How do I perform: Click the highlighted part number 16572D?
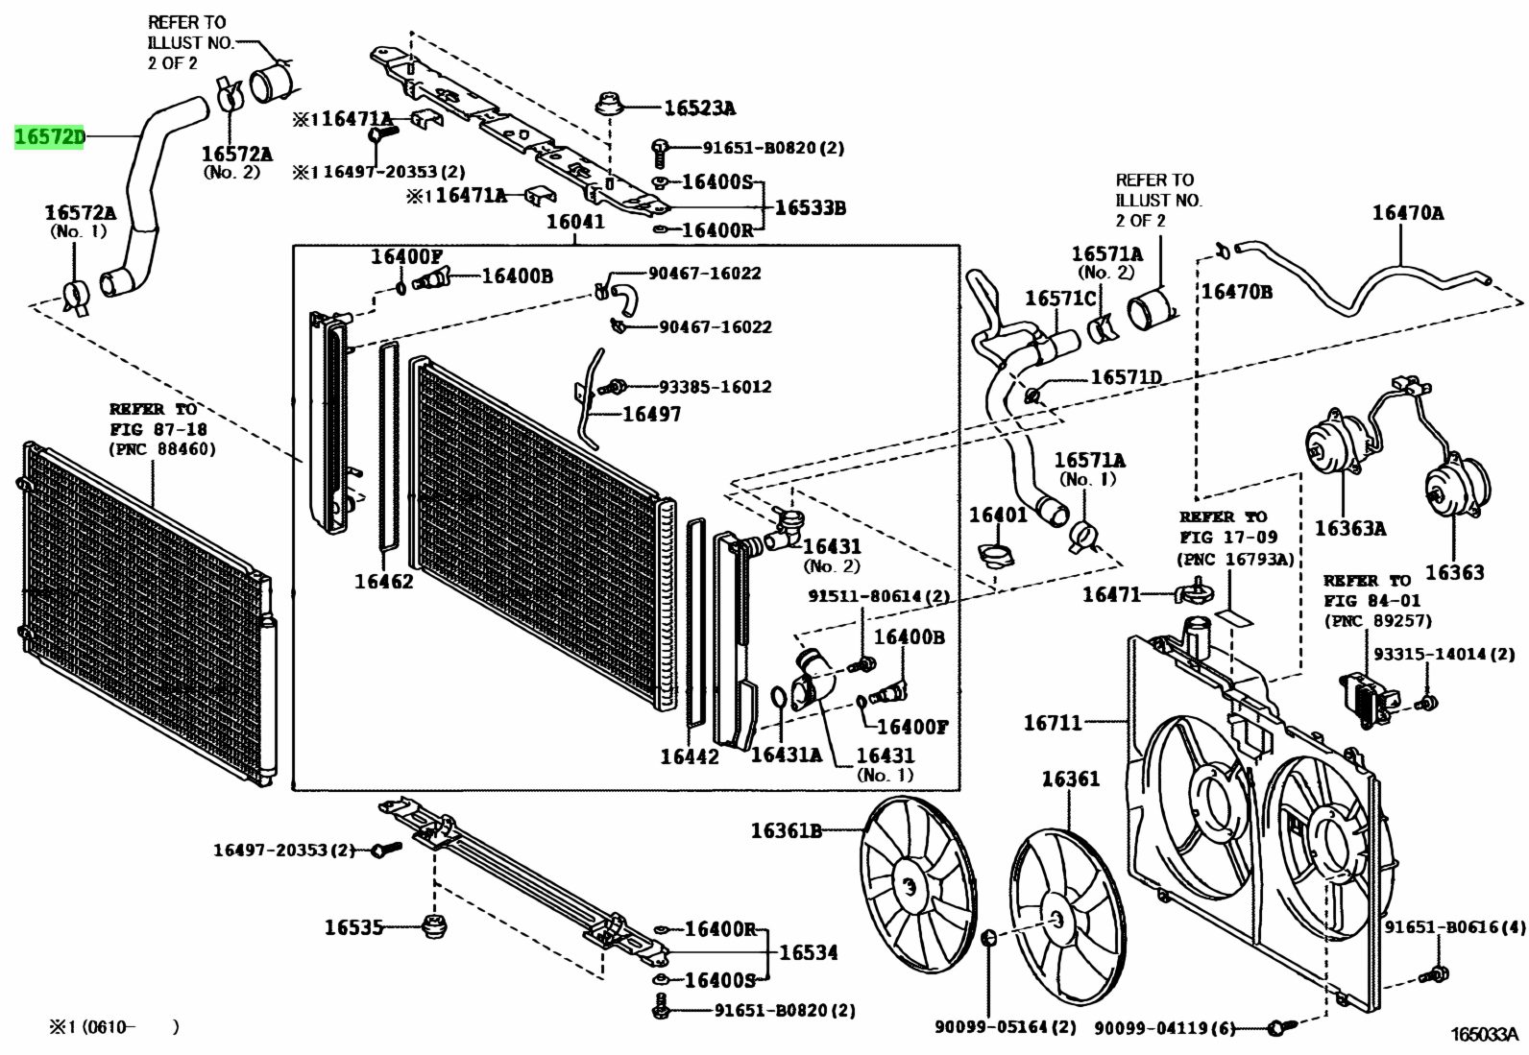coord(49,137)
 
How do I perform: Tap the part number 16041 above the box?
coord(575,222)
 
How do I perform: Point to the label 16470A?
coord(1407,212)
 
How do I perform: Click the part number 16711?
coord(1053,723)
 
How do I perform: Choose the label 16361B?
coord(786,830)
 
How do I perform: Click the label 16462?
coord(383,581)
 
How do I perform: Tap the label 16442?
coord(689,756)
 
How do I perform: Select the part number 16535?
coord(353,927)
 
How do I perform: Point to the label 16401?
coord(998,515)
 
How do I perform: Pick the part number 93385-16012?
coord(715,387)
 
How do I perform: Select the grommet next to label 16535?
coord(436,927)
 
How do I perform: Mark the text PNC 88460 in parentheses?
coord(162,448)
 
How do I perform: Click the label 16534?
coord(808,952)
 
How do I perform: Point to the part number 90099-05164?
coord(1006,1027)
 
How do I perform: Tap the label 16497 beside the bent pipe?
coord(651,414)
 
